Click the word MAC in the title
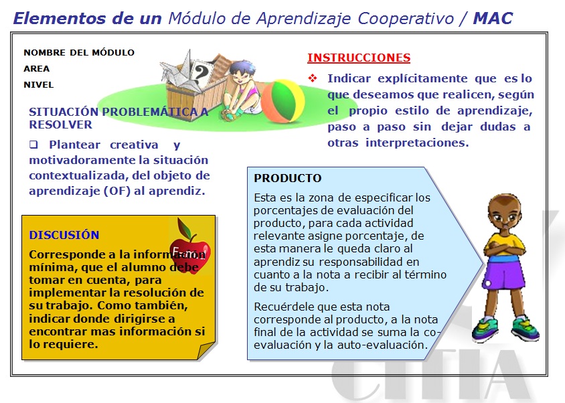[493, 18]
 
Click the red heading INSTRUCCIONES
[359, 58]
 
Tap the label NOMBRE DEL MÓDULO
[79, 53]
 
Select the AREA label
[36, 68]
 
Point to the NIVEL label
[39, 85]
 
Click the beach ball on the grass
[282, 101]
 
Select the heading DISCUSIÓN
[64, 235]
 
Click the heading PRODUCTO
[288, 178]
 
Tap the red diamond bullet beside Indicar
[313, 78]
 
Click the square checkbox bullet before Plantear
[33, 145]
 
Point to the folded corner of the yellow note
[206, 349]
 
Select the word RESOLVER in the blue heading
[60, 125]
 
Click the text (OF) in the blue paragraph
[116, 191]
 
